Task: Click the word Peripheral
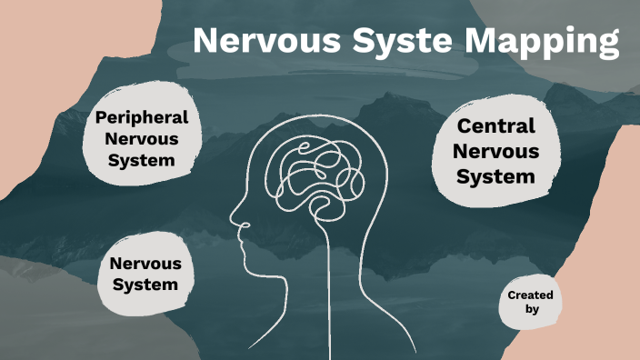[x=142, y=117]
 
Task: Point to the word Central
[x=496, y=126]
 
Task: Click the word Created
[x=530, y=295]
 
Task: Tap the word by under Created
[x=532, y=310]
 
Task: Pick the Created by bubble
[x=531, y=302]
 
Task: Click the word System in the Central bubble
[x=496, y=176]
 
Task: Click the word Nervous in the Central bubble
[x=496, y=151]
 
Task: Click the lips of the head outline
[x=243, y=243]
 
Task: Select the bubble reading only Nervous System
[x=145, y=274]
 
